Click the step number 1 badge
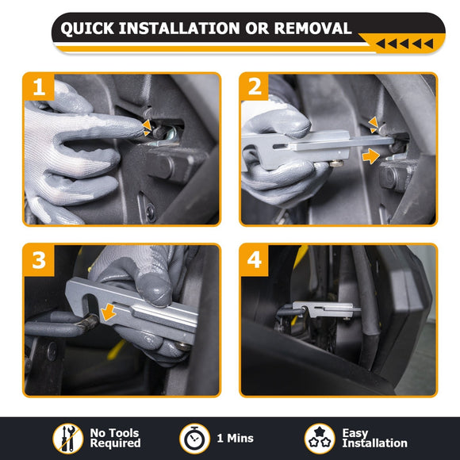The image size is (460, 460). (39, 86)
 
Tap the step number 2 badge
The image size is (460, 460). (255, 86)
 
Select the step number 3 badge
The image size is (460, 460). (39, 260)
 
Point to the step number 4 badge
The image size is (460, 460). (255, 260)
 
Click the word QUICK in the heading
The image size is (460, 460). (87, 29)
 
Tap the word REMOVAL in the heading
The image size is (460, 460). (312, 29)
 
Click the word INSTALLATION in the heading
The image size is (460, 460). (179, 29)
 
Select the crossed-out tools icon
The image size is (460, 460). (67, 439)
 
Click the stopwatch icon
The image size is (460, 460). (194, 439)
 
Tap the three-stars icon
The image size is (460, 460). (320, 439)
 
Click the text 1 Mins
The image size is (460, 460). (236, 439)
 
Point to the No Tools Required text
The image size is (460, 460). (115, 438)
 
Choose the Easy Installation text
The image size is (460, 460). (374, 438)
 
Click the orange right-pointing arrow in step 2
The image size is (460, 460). (371, 155)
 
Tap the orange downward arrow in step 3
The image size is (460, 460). (109, 312)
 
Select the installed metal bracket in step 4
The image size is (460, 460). (326, 310)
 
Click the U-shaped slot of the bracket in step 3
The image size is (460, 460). (90, 305)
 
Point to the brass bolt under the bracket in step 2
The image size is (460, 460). (336, 163)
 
